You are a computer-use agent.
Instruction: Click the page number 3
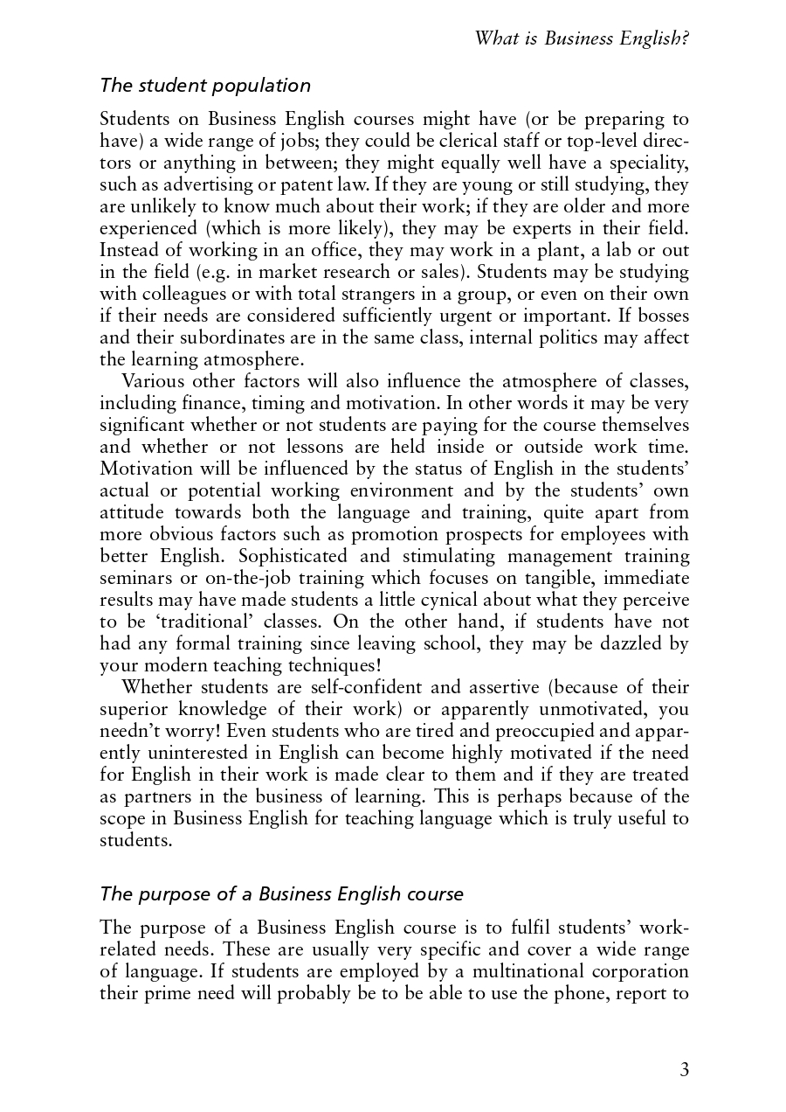(x=684, y=1070)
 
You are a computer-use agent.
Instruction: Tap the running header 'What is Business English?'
(x=581, y=38)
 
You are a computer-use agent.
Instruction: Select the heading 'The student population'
(x=205, y=86)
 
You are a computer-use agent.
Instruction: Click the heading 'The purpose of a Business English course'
(x=281, y=894)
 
